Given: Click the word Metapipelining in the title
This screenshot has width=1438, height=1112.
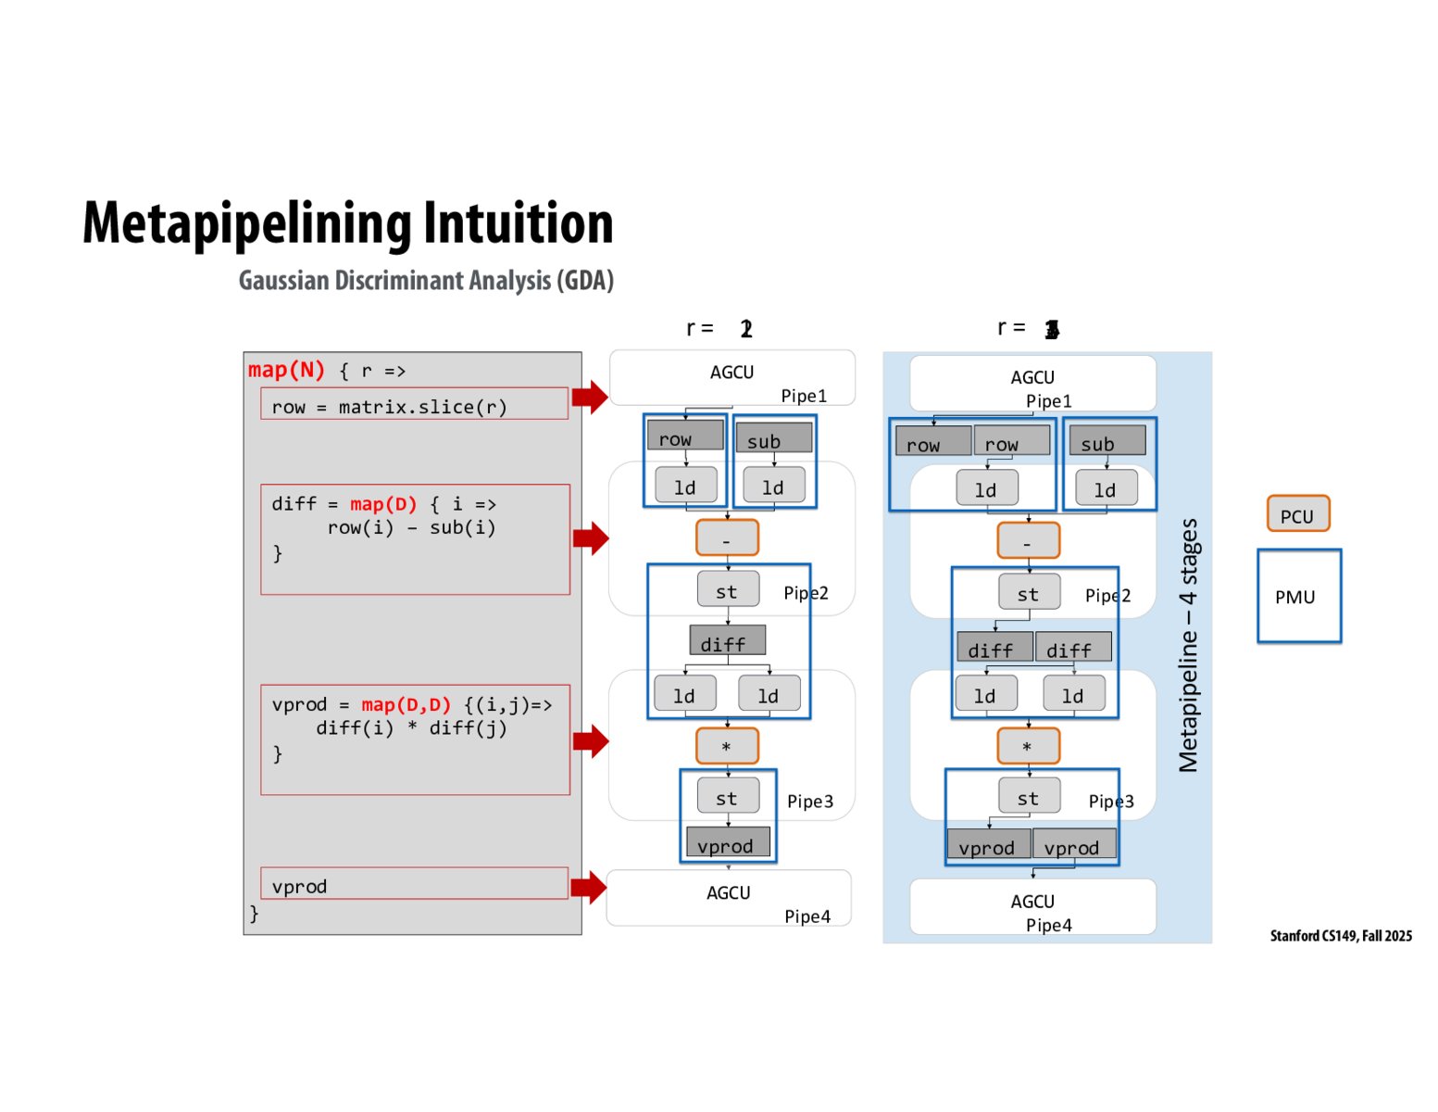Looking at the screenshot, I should point(248,224).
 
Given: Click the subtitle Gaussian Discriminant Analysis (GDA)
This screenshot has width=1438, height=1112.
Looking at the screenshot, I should point(426,281).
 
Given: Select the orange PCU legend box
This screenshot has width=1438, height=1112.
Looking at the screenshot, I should point(1297,514).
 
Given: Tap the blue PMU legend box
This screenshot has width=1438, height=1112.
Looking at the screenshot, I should point(1298,597).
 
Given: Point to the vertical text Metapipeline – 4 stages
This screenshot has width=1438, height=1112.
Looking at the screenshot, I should point(1188,645).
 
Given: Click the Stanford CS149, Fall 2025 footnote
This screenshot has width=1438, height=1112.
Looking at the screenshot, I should point(1340,936).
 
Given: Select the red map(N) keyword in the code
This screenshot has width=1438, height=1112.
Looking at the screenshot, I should point(286,371).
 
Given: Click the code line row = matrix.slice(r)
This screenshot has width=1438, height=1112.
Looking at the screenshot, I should point(389,407).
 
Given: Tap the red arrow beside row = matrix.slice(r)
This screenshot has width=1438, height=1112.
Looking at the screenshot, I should point(589,398).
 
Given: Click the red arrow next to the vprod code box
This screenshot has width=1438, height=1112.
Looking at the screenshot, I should point(588,887).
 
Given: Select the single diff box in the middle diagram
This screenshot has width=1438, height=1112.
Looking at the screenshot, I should point(727,641).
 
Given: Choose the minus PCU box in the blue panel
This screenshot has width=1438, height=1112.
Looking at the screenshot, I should point(1028,541).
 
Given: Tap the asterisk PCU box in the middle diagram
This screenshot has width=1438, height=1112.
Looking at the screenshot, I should point(727,746).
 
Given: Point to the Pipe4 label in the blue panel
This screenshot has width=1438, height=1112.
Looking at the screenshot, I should point(1048,925).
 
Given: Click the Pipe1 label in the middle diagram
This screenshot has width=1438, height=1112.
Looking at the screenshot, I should point(803,396).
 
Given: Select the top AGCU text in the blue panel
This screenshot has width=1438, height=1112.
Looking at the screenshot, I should point(1032,377).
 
